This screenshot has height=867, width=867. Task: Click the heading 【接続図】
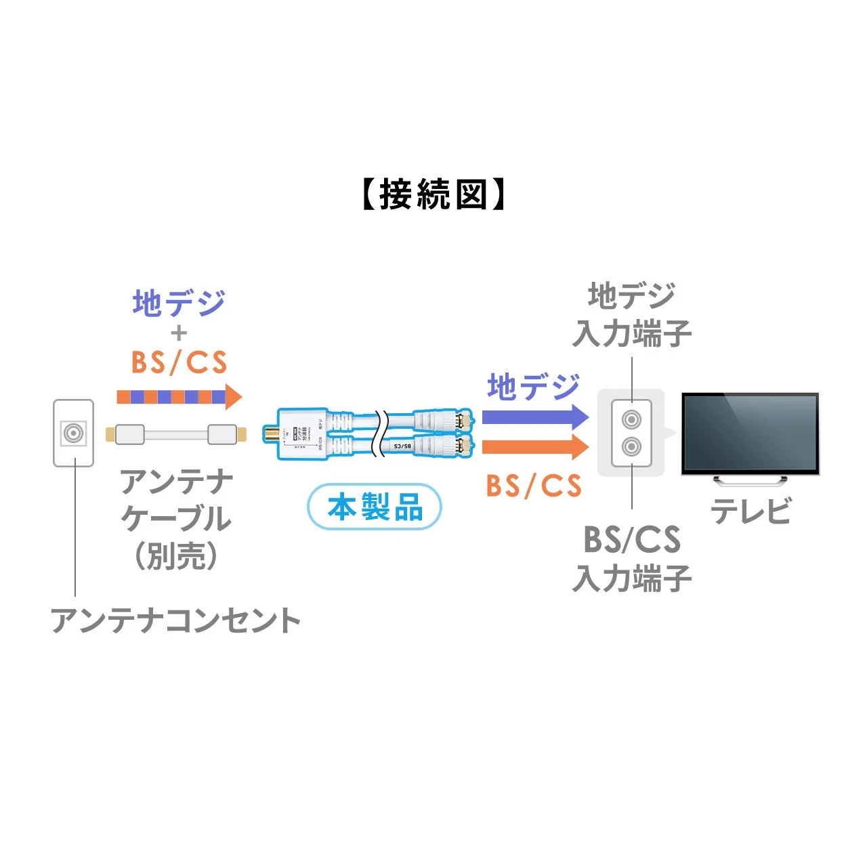coord(433,195)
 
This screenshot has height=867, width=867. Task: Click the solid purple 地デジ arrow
coord(534,416)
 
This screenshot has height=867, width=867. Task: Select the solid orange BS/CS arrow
coord(534,447)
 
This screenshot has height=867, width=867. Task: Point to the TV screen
coord(750,431)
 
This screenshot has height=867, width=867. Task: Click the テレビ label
coord(750,511)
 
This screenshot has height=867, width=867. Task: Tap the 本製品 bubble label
coord(375,507)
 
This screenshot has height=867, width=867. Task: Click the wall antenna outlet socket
coord(73,432)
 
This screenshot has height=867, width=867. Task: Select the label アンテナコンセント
coord(175,620)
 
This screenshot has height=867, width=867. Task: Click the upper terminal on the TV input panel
coord(631,420)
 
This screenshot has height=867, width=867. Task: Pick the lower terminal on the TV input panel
coord(631,446)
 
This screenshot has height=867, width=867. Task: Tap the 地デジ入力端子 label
coord(631,315)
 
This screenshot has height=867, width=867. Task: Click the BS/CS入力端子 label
coord(631,559)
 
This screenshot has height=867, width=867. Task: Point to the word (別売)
coord(176,556)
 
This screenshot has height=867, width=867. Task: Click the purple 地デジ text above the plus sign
coord(179,303)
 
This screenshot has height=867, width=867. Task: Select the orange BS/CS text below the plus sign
coord(179,363)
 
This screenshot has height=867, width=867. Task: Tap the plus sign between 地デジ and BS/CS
coord(179,333)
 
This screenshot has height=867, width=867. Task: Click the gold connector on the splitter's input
coord(271,433)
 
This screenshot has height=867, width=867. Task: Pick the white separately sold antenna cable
coord(175,434)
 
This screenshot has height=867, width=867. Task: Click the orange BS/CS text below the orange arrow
coord(534,486)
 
